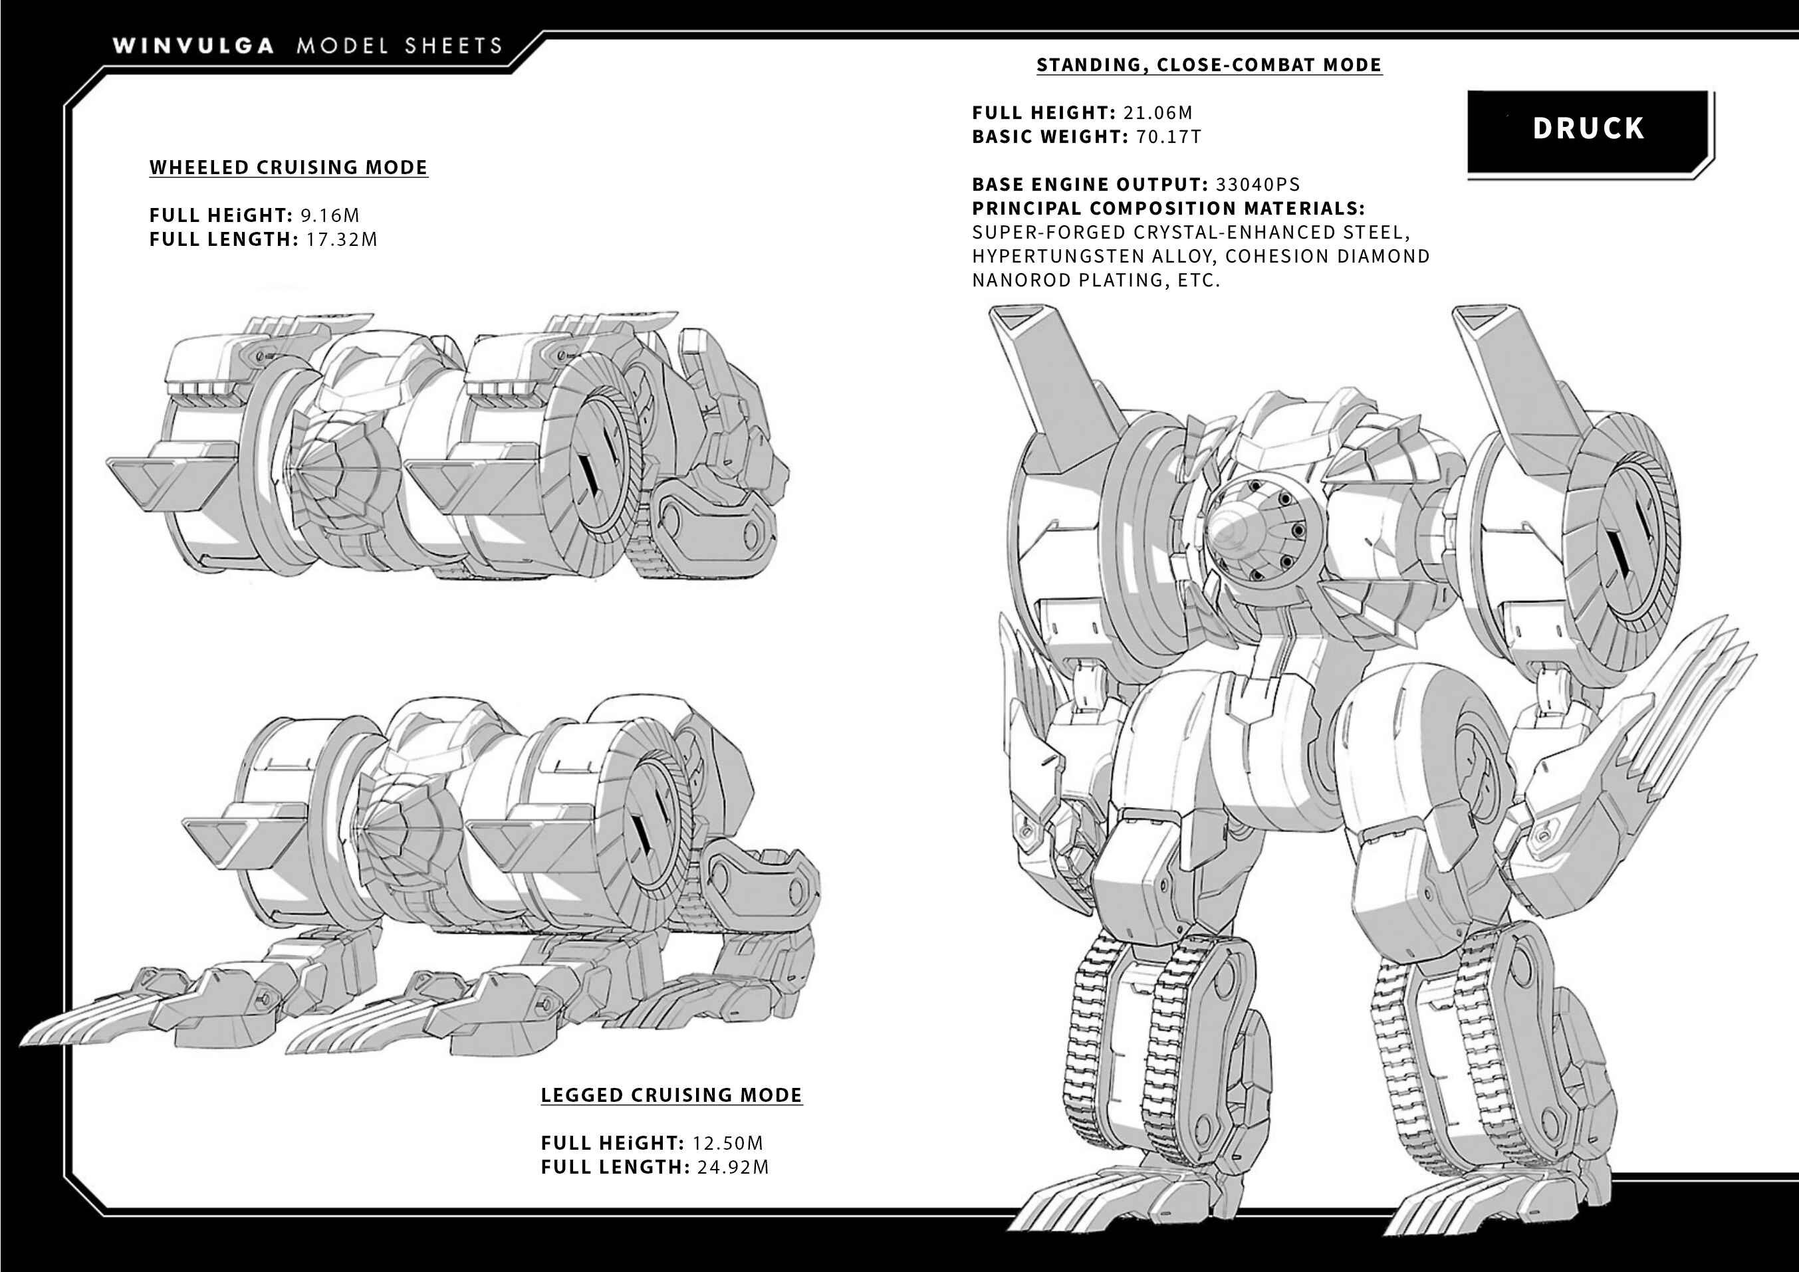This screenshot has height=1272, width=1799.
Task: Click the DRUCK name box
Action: click(1588, 131)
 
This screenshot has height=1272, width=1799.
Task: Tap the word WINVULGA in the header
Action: click(193, 45)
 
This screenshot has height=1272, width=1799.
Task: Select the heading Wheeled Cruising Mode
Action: click(289, 167)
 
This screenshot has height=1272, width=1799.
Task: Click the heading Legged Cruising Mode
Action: click(671, 1095)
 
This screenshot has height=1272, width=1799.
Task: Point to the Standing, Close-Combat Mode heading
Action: click(1209, 65)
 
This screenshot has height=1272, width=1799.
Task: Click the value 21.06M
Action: click(1157, 113)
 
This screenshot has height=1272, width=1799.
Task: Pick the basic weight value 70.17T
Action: click(1168, 137)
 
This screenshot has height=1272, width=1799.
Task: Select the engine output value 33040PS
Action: click(1258, 185)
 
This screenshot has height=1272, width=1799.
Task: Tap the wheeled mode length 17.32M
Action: click(342, 240)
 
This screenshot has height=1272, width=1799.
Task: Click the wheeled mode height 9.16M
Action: click(330, 215)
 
